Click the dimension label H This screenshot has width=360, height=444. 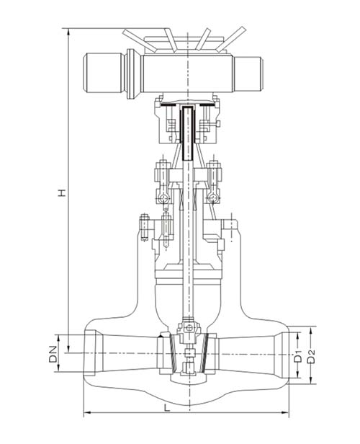tap(62, 192)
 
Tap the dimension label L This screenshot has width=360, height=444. tap(167, 408)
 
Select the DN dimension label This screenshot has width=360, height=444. tap(53, 354)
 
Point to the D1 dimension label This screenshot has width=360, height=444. tap(298, 356)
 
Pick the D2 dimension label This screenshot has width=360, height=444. tap(311, 356)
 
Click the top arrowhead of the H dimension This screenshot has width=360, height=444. tap(68, 32)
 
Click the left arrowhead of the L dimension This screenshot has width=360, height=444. tap(87, 412)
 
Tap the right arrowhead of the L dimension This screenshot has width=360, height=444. tap(285, 412)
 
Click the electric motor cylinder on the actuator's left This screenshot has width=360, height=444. tap(104, 73)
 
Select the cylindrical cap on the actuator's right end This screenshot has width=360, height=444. tap(248, 74)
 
